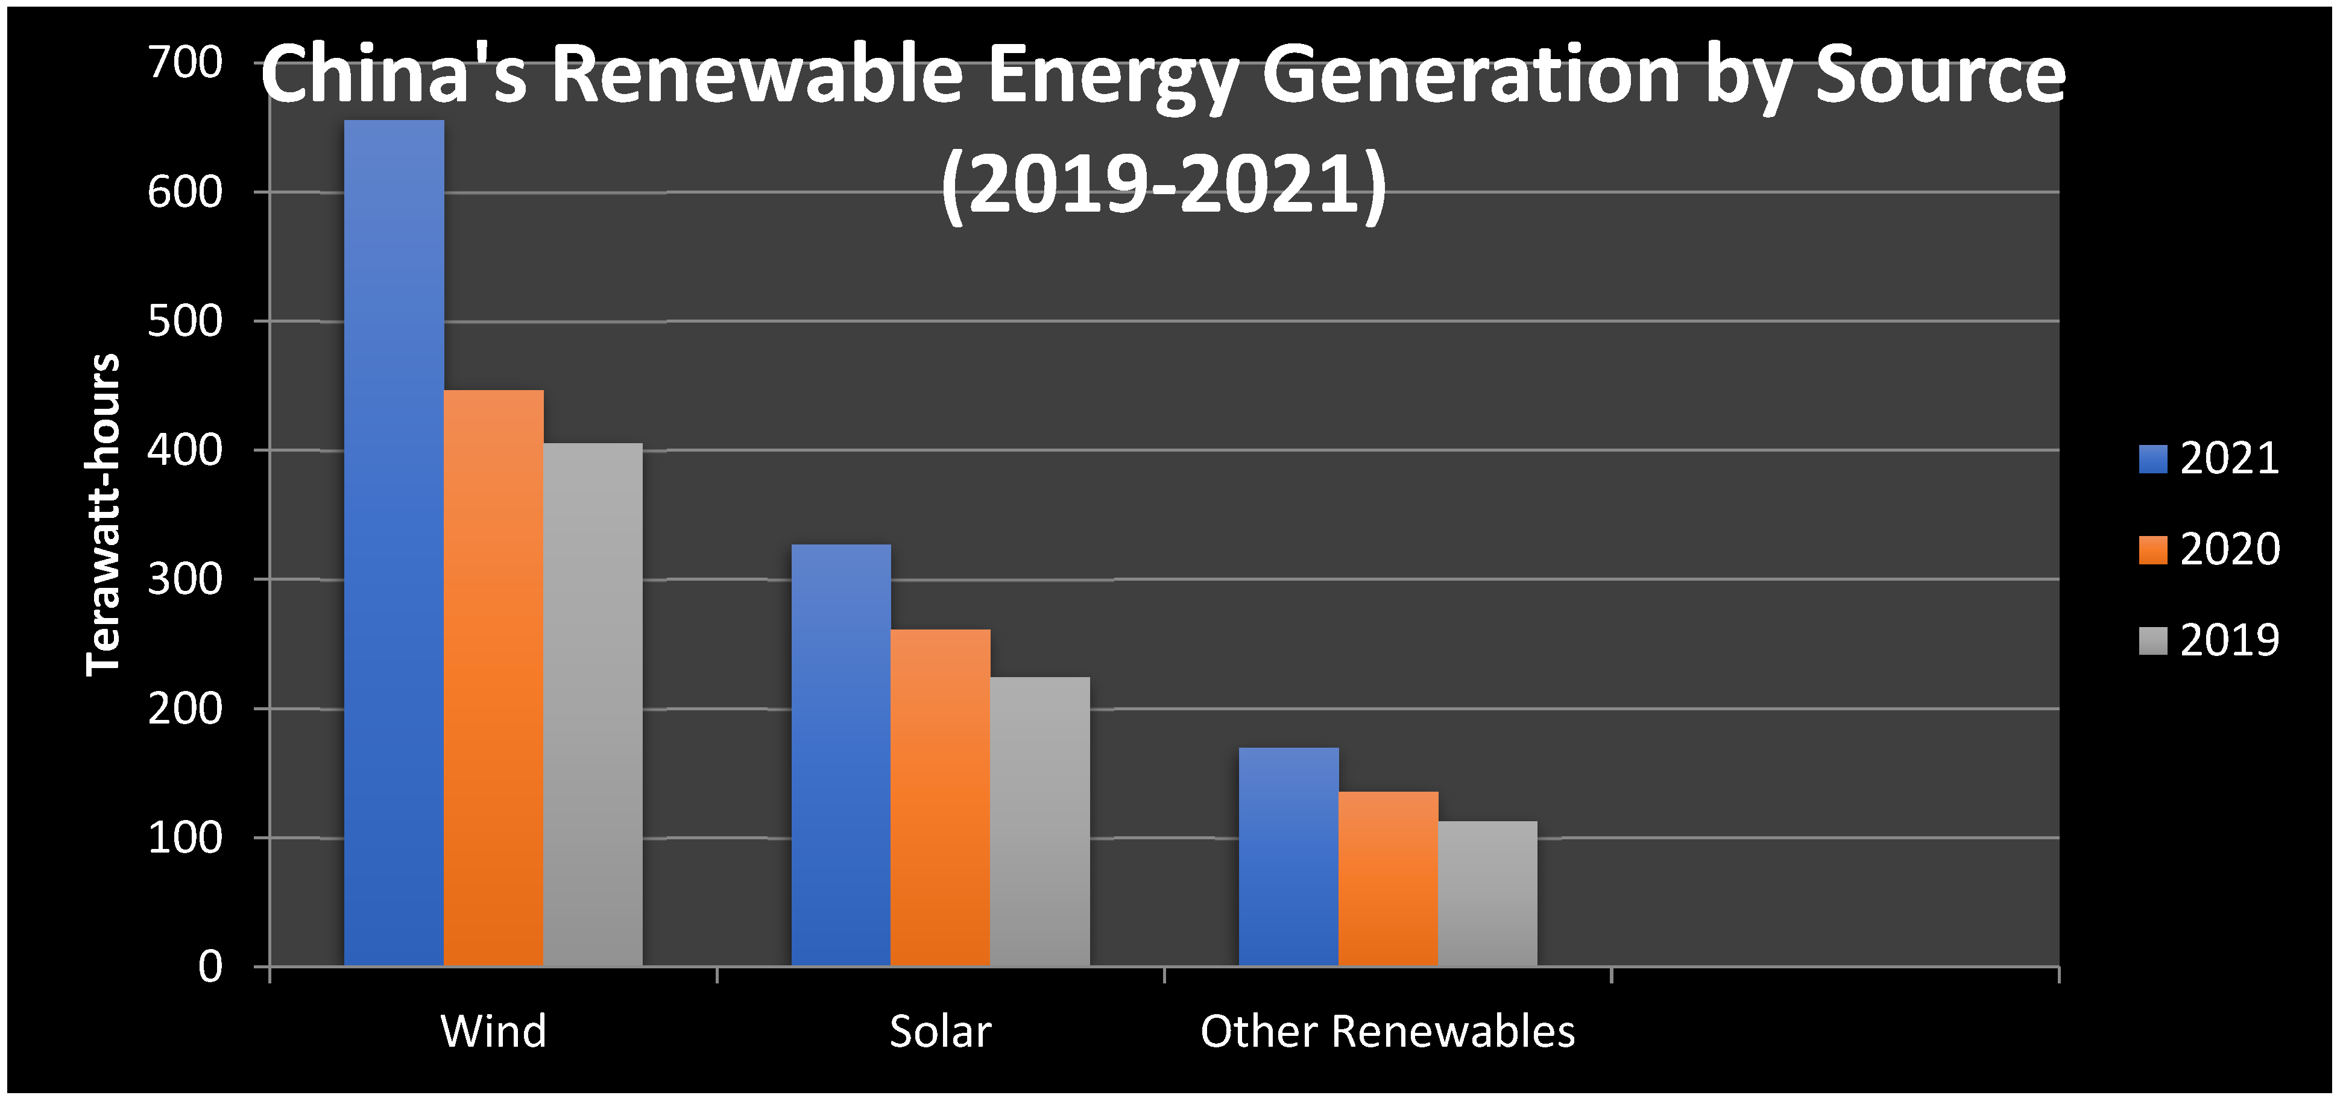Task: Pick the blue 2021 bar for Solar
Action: [x=840, y=755]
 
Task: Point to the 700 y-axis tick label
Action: [x=186, y=64]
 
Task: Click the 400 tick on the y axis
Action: [x=186, y=450]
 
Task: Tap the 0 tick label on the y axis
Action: [x=210, y=967]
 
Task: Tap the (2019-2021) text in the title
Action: [x=1164, y=184]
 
